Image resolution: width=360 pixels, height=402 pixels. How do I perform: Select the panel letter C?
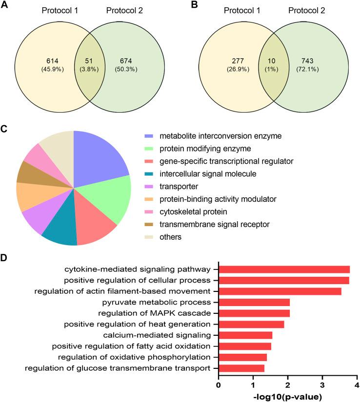pyautogui.click(x=5, y=130)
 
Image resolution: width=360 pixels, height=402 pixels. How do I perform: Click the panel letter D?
pyautogui.click(x=5, y=258)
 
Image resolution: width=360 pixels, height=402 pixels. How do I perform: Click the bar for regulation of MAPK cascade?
pyautogui.click(x=254, y=313)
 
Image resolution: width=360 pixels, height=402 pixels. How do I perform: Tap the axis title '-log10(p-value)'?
pyautogui.click(x=288, y=396)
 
